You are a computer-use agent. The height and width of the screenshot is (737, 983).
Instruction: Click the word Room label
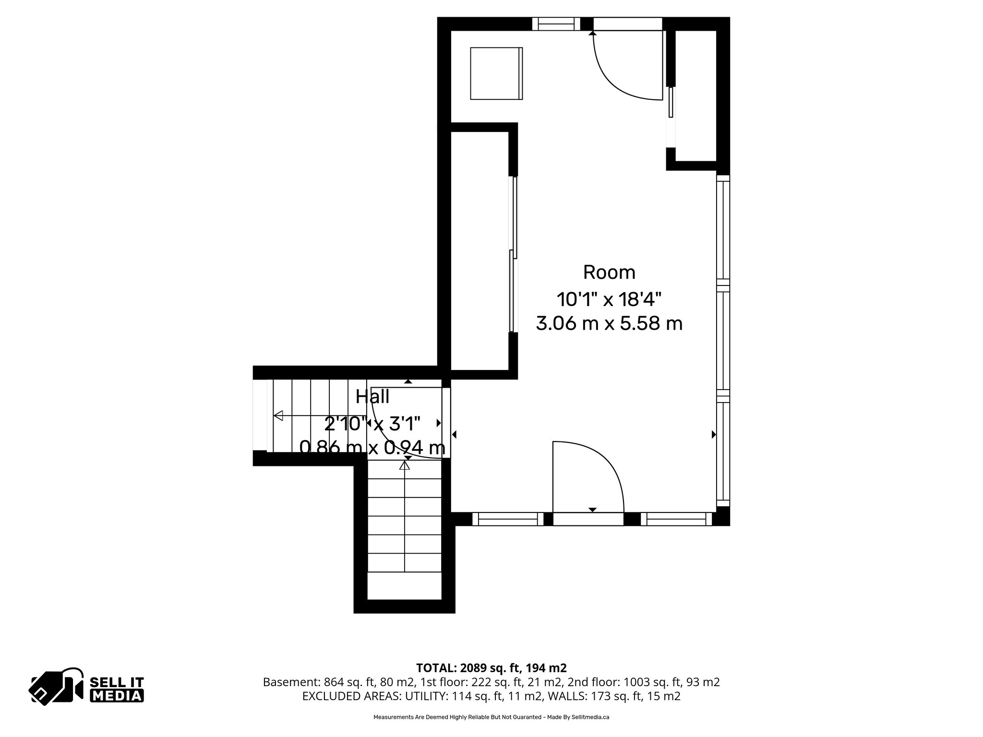[x=609, y=273]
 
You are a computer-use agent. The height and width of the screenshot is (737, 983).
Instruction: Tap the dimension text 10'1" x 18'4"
[x=609, y=300]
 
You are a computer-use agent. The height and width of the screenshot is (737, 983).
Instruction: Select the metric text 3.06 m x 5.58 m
[x=609, y=324]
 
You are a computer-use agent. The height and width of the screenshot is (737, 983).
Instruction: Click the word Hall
[x=372, y=397]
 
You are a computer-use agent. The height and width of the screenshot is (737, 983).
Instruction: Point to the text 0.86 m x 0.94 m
[x=372, y=448]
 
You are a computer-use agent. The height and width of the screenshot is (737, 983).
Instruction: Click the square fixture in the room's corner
[x=496, y=73]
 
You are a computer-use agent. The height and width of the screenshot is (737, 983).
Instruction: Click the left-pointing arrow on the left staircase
[x=278, y=416]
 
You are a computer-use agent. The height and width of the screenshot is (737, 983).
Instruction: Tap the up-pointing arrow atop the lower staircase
[x=406, y=465]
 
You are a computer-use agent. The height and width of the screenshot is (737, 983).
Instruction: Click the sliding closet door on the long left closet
[x=514, y=254]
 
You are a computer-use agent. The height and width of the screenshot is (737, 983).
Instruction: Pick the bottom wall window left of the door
[x=508, y=519]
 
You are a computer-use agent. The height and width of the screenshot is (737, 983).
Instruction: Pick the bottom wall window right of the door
[x=676, y=519]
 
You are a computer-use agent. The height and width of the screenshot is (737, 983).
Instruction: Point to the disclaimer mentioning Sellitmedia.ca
[x=491, y=717]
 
